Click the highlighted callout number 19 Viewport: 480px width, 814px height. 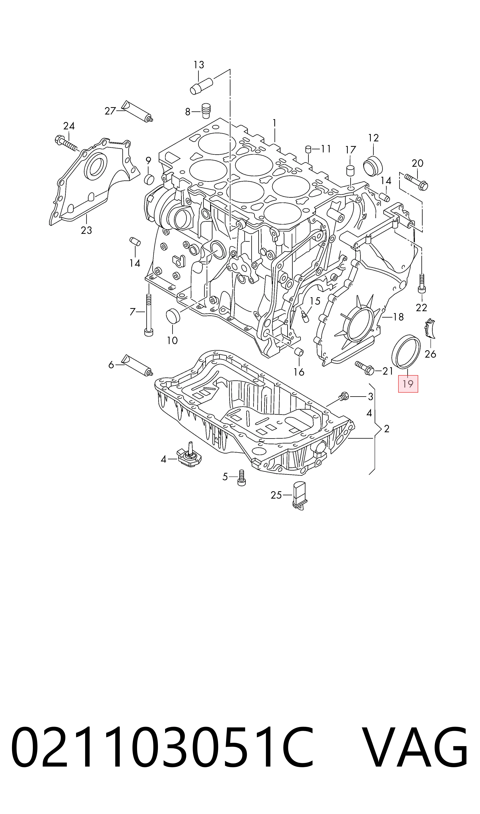coord(408,384)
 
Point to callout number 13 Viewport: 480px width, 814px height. coord(199,65)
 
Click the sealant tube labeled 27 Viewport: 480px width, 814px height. coord(137,111)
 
